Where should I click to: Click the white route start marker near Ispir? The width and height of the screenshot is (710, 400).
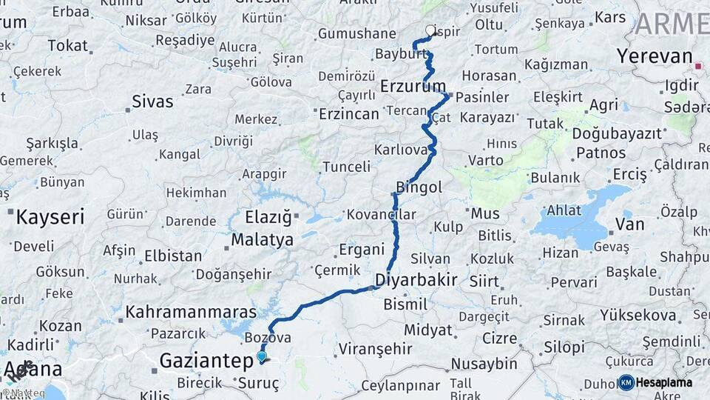(x=430, y=30)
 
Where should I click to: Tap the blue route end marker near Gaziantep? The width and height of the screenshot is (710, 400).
(x=261, y=356)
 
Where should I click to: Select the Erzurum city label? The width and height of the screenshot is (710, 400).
(x=413, y=87)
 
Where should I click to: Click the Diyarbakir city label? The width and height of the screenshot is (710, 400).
(x=416, y=280)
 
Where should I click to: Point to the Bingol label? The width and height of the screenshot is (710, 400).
(x=419, y=187)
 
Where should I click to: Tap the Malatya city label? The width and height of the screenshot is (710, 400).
(x=262, y=239)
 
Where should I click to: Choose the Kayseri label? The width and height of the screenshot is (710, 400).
(x=50, y=217)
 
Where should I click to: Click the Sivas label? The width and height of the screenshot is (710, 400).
(x=152, y=101)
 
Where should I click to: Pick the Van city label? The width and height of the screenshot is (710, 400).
(x=629, y=224)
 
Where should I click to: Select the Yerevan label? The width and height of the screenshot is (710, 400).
(x=655, y=56)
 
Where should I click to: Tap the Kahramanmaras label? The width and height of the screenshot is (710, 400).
(x=191, y=312)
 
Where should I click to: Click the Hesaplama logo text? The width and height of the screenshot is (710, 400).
(x=664, y=382)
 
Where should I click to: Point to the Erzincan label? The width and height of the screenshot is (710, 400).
(x=348, y=113)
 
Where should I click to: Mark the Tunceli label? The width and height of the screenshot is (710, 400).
(x=345, y=166)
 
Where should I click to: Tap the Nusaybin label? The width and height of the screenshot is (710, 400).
(x=484, y=363)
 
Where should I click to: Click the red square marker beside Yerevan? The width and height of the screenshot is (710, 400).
(x=697, y=66)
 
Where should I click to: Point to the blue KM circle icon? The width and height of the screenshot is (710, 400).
(x=626, y=382)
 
